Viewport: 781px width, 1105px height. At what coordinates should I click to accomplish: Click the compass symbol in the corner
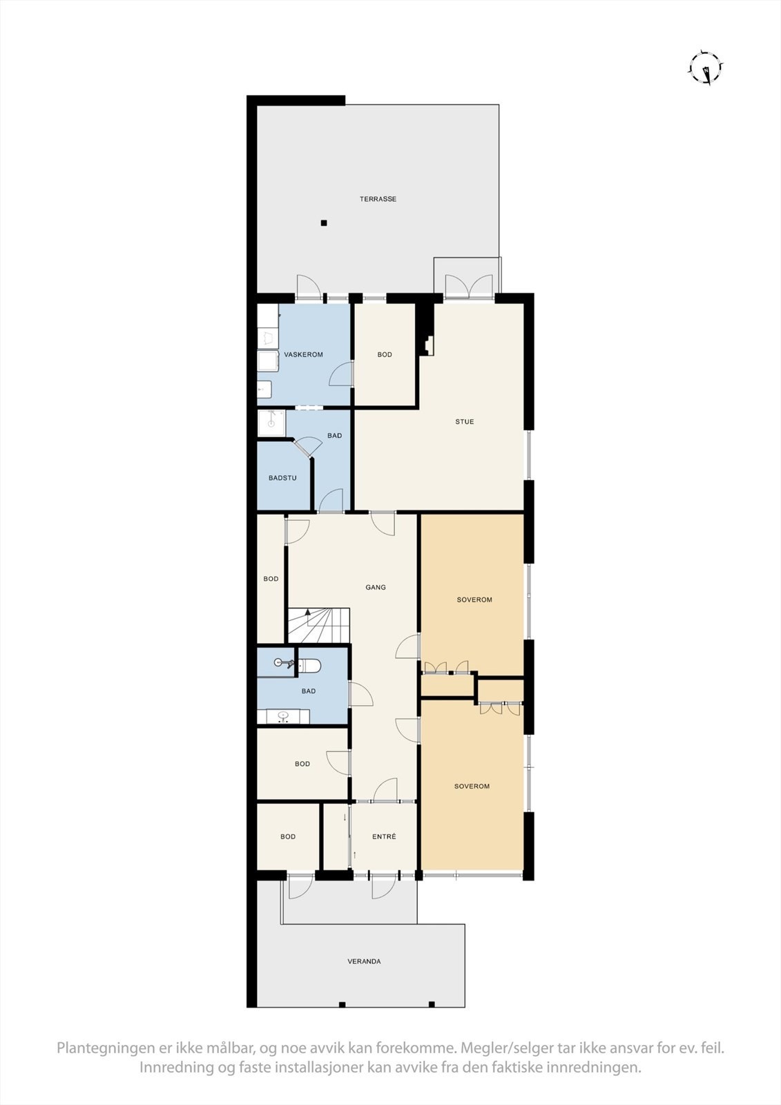(x=706, y=68)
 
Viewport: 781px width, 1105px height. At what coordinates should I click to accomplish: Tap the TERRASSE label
(x=378, y=199)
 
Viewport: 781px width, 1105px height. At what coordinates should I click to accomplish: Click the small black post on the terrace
(x=323, y=222)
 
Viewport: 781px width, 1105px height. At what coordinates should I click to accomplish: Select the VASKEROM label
(x=304, y=354)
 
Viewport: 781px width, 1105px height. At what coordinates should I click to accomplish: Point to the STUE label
(x=464, y=421)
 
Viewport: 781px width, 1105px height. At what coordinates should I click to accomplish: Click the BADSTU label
(x=282, y=478)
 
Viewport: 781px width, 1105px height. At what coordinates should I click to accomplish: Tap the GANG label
(x=376, y=587)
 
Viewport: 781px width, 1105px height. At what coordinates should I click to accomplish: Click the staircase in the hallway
(x=318, y=625)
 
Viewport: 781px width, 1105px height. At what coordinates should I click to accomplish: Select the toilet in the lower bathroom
(x=309, y=665)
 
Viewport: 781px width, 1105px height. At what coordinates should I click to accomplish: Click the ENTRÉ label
(x=384, y=836)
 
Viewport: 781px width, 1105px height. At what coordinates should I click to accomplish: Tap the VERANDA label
(x=364, y=961)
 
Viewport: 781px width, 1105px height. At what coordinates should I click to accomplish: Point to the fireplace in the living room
(x=429, y=345)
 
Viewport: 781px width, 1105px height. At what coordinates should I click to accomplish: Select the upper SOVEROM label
(x=474, y=599)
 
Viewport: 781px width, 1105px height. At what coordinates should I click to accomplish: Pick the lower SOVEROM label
(x=472, y=786)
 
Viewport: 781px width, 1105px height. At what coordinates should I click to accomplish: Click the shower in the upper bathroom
(x=271, y=423)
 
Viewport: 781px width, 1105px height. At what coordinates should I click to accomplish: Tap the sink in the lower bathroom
(x=282, y=716)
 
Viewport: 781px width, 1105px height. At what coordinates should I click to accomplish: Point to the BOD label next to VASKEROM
(x=385, y=354)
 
